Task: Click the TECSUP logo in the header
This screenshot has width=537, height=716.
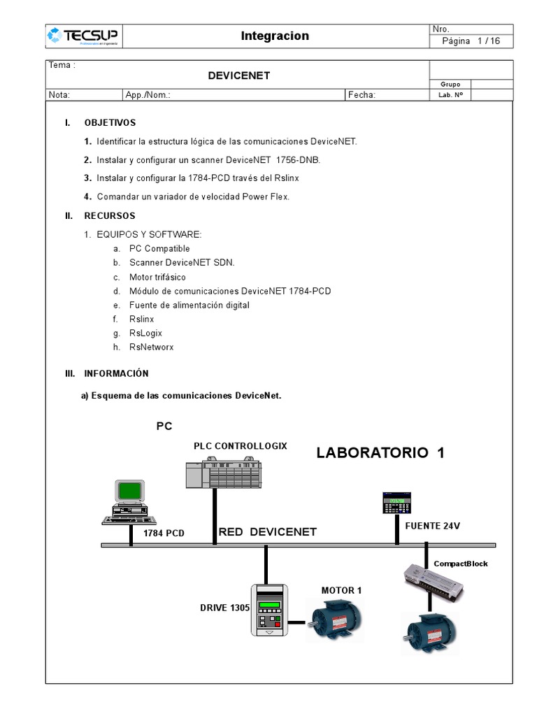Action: (x=82, y=36)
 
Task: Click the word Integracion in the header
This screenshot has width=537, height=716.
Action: (x=275, y=36)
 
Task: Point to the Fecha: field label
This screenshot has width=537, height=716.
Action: (x=362, y=95)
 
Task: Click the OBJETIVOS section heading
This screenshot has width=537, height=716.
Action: (x=110, y=122)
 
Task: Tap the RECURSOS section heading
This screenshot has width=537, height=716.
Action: (x=110, y=215)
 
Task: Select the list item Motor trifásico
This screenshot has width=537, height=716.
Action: (x=157, y=277)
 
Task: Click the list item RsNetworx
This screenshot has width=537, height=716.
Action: (x=152, y=347)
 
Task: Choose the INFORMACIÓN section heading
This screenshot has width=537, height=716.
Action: (x=117, y=373)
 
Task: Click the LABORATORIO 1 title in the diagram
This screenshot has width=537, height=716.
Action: (x=380, y=452)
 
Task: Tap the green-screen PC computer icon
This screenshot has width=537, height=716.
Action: (x=129, y=501)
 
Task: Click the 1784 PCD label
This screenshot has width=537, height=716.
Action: (x=164, y=534)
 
